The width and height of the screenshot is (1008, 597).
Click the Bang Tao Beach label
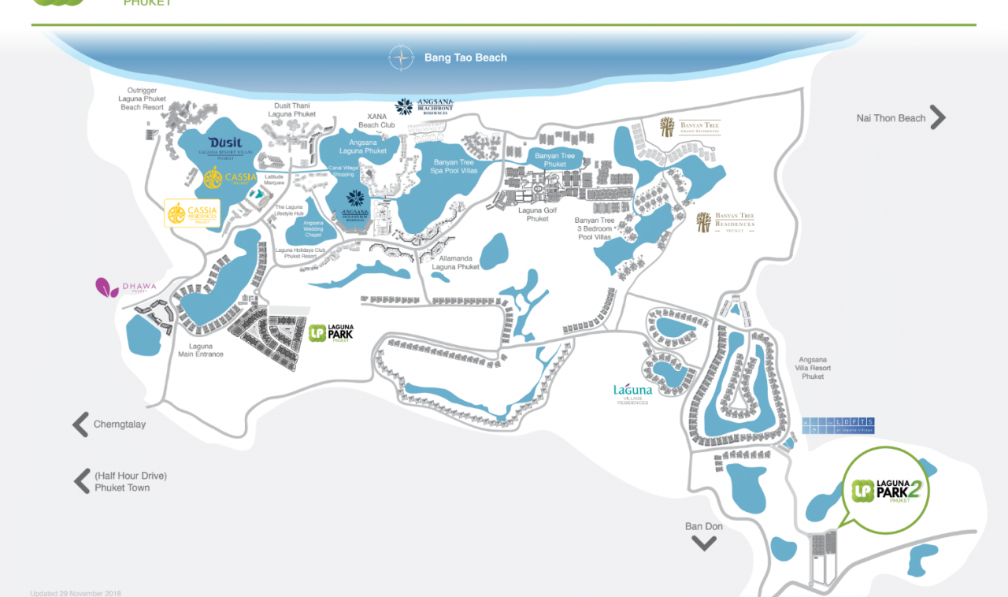[465, 57]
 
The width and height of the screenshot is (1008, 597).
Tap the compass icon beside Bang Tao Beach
[402, 57]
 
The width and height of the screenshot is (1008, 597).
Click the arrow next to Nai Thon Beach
[937, 117]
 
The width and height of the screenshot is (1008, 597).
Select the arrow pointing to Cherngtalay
[80, 425]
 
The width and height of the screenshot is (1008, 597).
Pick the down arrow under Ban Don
[703, 543]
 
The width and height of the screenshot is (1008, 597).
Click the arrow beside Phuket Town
[81, 481]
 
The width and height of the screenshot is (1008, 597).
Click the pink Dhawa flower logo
[107, 287]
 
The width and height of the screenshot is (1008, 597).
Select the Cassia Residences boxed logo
[192, 213]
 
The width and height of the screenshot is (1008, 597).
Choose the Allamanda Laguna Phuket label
[455, 262]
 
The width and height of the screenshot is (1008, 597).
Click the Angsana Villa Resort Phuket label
[813, 367]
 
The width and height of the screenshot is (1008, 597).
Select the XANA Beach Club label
[376, 121]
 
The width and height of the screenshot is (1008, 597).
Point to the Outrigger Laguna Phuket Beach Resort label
[142, 98]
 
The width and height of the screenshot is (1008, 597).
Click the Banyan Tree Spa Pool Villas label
[454, 166]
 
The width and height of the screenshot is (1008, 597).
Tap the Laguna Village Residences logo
[632, 393]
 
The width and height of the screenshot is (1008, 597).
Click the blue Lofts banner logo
[838, 425]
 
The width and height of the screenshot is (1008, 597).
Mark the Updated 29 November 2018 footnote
[76, 593]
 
